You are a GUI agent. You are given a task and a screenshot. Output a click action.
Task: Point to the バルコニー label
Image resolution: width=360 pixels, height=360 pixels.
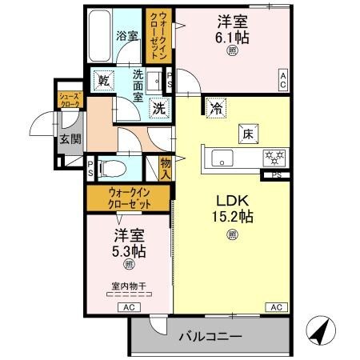209,337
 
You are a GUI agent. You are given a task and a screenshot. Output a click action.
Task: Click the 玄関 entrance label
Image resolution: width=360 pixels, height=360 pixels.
66,138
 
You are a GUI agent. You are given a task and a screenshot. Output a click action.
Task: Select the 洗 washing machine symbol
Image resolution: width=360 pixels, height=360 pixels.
159,109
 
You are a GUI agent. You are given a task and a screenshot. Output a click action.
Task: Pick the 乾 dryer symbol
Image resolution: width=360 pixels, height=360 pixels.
104,79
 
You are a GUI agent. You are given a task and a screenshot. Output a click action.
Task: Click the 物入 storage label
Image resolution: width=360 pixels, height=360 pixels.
166,166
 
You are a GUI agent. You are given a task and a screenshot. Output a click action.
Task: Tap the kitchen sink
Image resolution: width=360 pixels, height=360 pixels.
222,156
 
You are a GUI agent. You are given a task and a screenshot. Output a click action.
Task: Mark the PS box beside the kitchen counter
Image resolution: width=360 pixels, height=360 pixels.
276,175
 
